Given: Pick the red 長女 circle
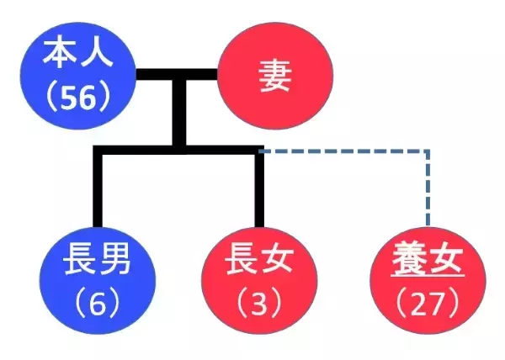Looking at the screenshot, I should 258,279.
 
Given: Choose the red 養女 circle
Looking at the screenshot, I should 427,279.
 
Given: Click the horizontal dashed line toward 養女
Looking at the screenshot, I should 345,152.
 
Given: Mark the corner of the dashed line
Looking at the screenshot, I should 428,152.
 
